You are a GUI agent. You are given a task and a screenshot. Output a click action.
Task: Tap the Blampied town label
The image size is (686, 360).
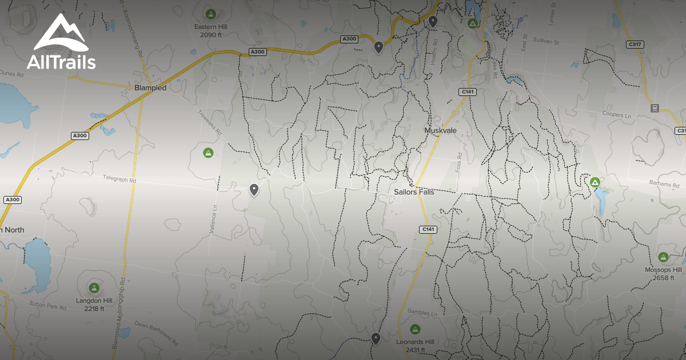point(150,88)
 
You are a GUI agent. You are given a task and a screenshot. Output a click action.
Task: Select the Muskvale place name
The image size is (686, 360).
point(440,130)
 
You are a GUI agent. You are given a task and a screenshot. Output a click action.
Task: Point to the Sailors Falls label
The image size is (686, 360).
point(414,192)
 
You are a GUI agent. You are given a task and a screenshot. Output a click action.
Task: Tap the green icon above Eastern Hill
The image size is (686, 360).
point(210,13)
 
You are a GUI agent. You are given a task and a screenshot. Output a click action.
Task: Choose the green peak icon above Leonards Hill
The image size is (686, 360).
point(415,329)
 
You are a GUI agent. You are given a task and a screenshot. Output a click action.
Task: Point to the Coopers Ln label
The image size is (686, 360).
point(617,115)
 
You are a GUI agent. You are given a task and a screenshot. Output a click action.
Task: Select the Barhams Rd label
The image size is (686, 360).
point(664,184)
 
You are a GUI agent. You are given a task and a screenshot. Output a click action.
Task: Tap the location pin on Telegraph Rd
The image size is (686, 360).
point(254,189)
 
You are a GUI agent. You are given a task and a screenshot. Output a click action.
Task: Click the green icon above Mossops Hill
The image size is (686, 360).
point(663,257)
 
